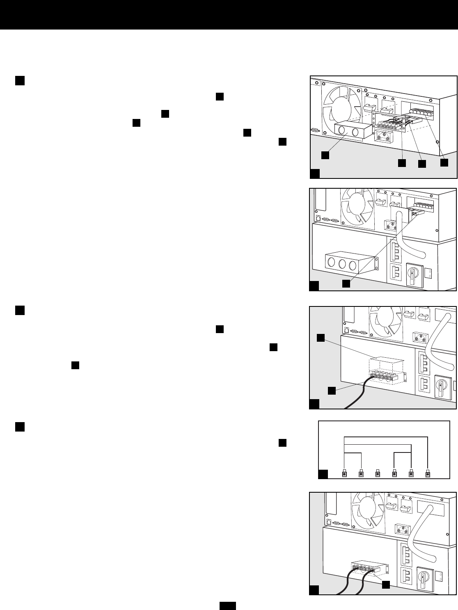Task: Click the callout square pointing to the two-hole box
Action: (x=325, y=155)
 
